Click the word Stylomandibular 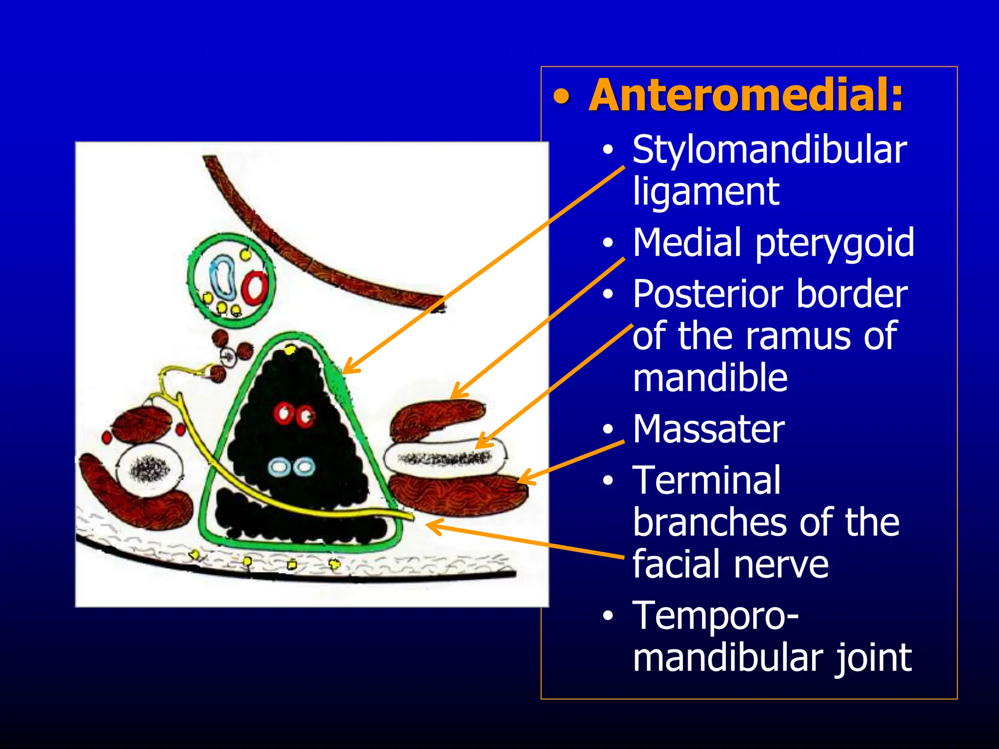pyautogui.click(x=769, y=149)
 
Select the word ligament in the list pyautogui.click(x=705, y=192)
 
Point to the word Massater pyautogui.click(x=708, y=429)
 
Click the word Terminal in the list pyautogui.click(x=706, y=480)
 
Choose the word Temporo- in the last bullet pyautogui.click(x=715, y=615)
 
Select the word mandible pyautogui.click(x=710, y=378)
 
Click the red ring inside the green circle pyautogui.click(x=255, y=287)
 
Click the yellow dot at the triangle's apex pyautogui.click(x=290, y=350)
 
